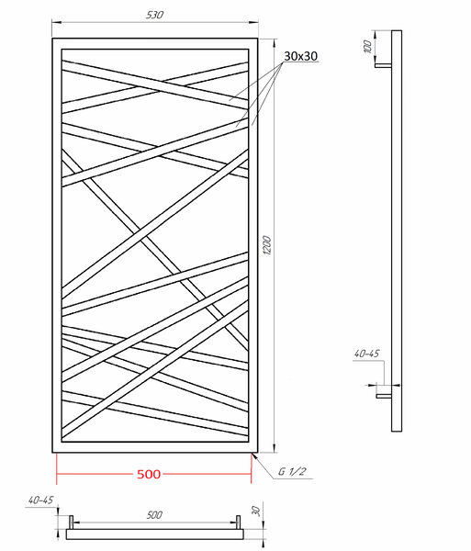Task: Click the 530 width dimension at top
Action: pos(154,15)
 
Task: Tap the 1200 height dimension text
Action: pos(267,245)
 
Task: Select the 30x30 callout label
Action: pos(300,56)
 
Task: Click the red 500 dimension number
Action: pos(149,474)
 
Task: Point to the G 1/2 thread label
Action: pos(292,472)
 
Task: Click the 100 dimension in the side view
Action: pos(367,47)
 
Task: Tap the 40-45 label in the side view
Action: pos(366,354)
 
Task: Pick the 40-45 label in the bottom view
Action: pos(40,500)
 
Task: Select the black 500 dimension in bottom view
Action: pos(154,515)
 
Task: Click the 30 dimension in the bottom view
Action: pos(256,511)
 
